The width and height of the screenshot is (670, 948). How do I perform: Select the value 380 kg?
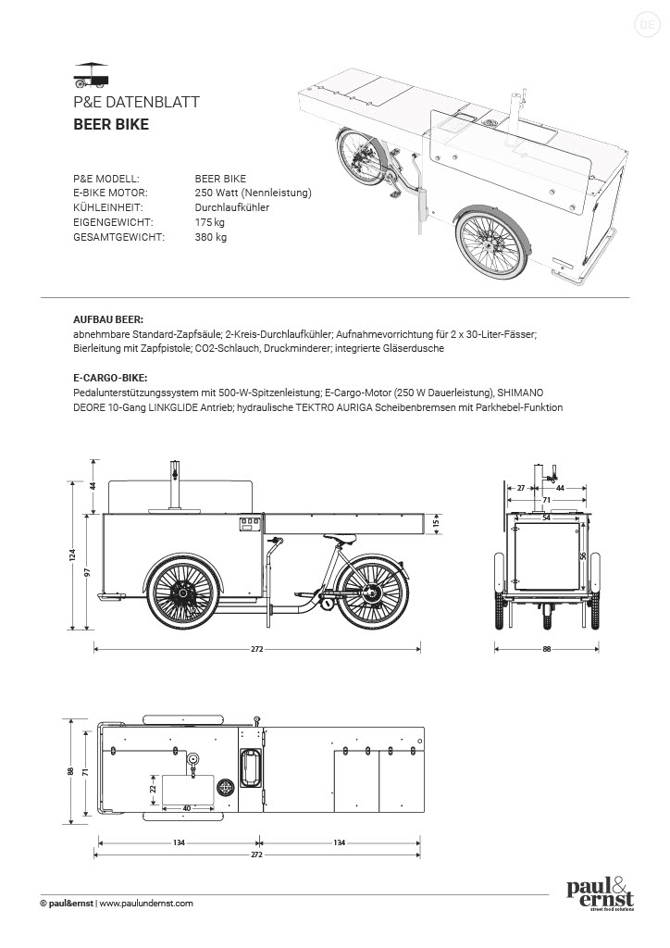coord(210,237)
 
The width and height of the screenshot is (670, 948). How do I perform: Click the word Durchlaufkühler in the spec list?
coord(232,207)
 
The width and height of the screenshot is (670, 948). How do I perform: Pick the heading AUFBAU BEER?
coord(108,318)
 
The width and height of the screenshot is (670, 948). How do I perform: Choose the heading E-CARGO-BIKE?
coord(110,378)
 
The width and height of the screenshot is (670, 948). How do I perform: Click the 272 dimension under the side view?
coord(258,649)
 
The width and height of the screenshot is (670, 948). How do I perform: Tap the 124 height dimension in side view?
coord(72,555)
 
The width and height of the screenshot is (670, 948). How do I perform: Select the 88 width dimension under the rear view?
coord(547,649)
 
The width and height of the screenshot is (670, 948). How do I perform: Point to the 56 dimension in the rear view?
coord(583,555)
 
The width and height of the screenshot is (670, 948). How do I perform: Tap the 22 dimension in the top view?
coord(153,788)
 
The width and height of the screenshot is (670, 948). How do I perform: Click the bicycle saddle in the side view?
coord(343,541)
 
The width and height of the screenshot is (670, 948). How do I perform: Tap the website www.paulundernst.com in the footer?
coord(146,903)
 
